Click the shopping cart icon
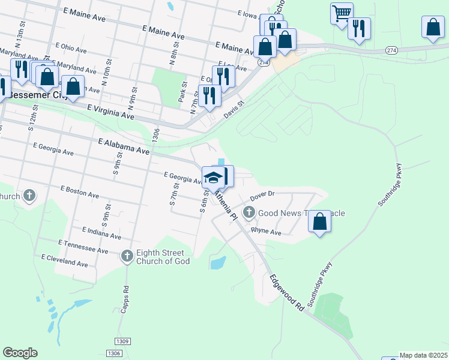[x=342, y=13]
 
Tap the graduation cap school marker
[x=213, y=176]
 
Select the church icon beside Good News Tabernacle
[x=249, y=212]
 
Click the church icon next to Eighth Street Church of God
[x=127, y=256]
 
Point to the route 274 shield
[x=391, y=50]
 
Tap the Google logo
[x=20, y=352]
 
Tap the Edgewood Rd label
[x=286, y=292]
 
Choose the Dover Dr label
[x=262, y=194]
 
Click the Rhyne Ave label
[x=266, y=231]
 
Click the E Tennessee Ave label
[x=83, y=247]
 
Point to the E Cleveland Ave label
[x=65, y=260]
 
